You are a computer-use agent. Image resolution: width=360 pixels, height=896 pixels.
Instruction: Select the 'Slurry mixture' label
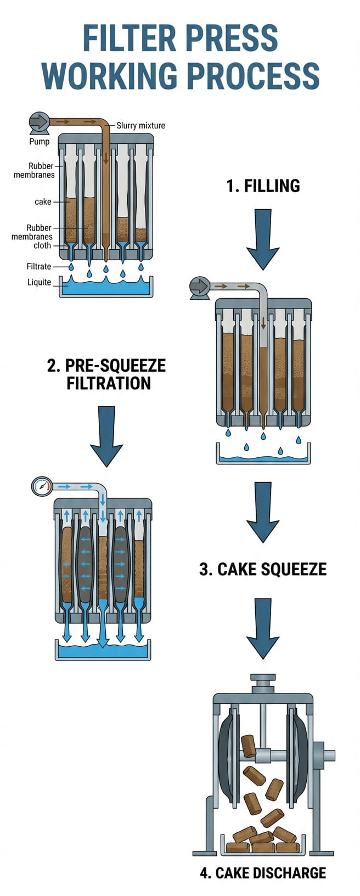[x=140, y=126]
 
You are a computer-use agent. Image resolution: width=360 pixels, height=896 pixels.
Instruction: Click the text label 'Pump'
[x=39, y=142]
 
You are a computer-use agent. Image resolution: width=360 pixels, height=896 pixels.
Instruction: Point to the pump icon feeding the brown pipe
[x=39, y=122]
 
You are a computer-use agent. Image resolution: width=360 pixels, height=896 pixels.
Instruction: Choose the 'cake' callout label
[x=43, y=201]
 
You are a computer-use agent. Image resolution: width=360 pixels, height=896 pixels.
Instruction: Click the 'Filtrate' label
[x=39, y=266]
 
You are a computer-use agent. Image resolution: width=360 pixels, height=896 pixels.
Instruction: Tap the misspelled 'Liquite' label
[x=39, y=282]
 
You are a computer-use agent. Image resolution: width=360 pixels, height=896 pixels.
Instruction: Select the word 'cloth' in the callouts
[x=42, y=245]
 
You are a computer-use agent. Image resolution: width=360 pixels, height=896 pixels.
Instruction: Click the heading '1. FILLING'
[x=263, y=186]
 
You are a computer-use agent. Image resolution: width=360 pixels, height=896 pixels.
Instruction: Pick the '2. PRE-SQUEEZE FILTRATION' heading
[x=106, y=374]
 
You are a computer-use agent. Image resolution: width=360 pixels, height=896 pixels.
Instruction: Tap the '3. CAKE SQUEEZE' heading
[x=263, y=569]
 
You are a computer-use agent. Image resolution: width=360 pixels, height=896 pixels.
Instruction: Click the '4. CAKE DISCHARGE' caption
[x=263, y=872]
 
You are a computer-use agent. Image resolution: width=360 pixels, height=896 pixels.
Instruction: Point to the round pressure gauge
[x=42, y=486]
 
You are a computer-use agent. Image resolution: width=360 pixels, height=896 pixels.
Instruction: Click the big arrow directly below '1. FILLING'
[x=263, y=239]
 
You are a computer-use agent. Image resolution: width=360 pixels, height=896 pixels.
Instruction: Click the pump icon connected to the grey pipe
[x=199, y=287]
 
